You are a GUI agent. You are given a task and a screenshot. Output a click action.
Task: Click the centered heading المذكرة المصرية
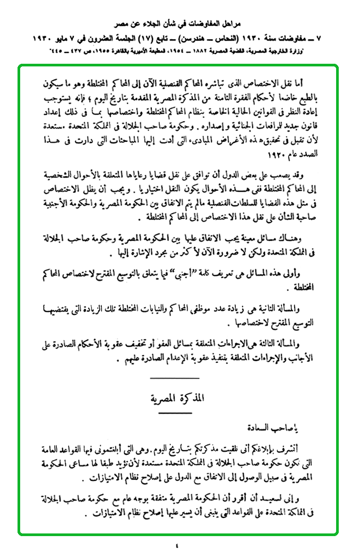(175, 397)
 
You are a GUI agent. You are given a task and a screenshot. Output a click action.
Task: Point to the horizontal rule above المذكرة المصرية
(176, 378)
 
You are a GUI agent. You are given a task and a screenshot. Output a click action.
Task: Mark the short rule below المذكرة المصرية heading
(175, 413)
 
